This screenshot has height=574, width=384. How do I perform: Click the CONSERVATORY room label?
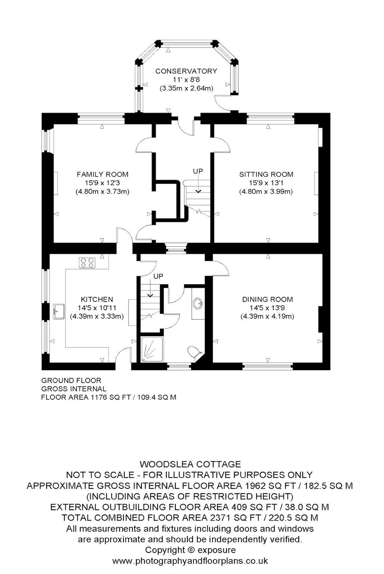pos(186,71)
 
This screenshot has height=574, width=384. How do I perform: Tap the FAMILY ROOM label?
pos(102,175)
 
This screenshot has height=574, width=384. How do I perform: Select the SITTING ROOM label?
pos(266,175)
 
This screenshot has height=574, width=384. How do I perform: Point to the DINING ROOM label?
pos(267,299)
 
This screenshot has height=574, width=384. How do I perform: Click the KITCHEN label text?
pos(97,299)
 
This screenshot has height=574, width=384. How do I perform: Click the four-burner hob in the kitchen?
pos(87,263)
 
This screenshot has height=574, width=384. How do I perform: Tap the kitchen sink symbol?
pos(59,311)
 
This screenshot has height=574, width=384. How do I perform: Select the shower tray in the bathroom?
pos(152,349)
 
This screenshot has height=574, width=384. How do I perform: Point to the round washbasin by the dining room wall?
pos(198,303)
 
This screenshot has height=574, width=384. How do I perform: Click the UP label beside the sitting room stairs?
pos(198,171)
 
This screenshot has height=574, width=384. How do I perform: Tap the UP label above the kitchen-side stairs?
pos(158,276)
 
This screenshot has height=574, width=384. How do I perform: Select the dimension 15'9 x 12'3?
pos(102,183)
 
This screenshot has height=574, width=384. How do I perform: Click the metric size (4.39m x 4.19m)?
pos(267,316)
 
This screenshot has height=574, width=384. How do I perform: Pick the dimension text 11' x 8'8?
pos(186,80)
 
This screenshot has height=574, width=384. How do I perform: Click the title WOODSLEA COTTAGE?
pos(190,465)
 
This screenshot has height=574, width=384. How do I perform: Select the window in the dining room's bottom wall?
pos(268,367)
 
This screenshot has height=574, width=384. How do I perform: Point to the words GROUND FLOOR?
pos(71,380)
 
